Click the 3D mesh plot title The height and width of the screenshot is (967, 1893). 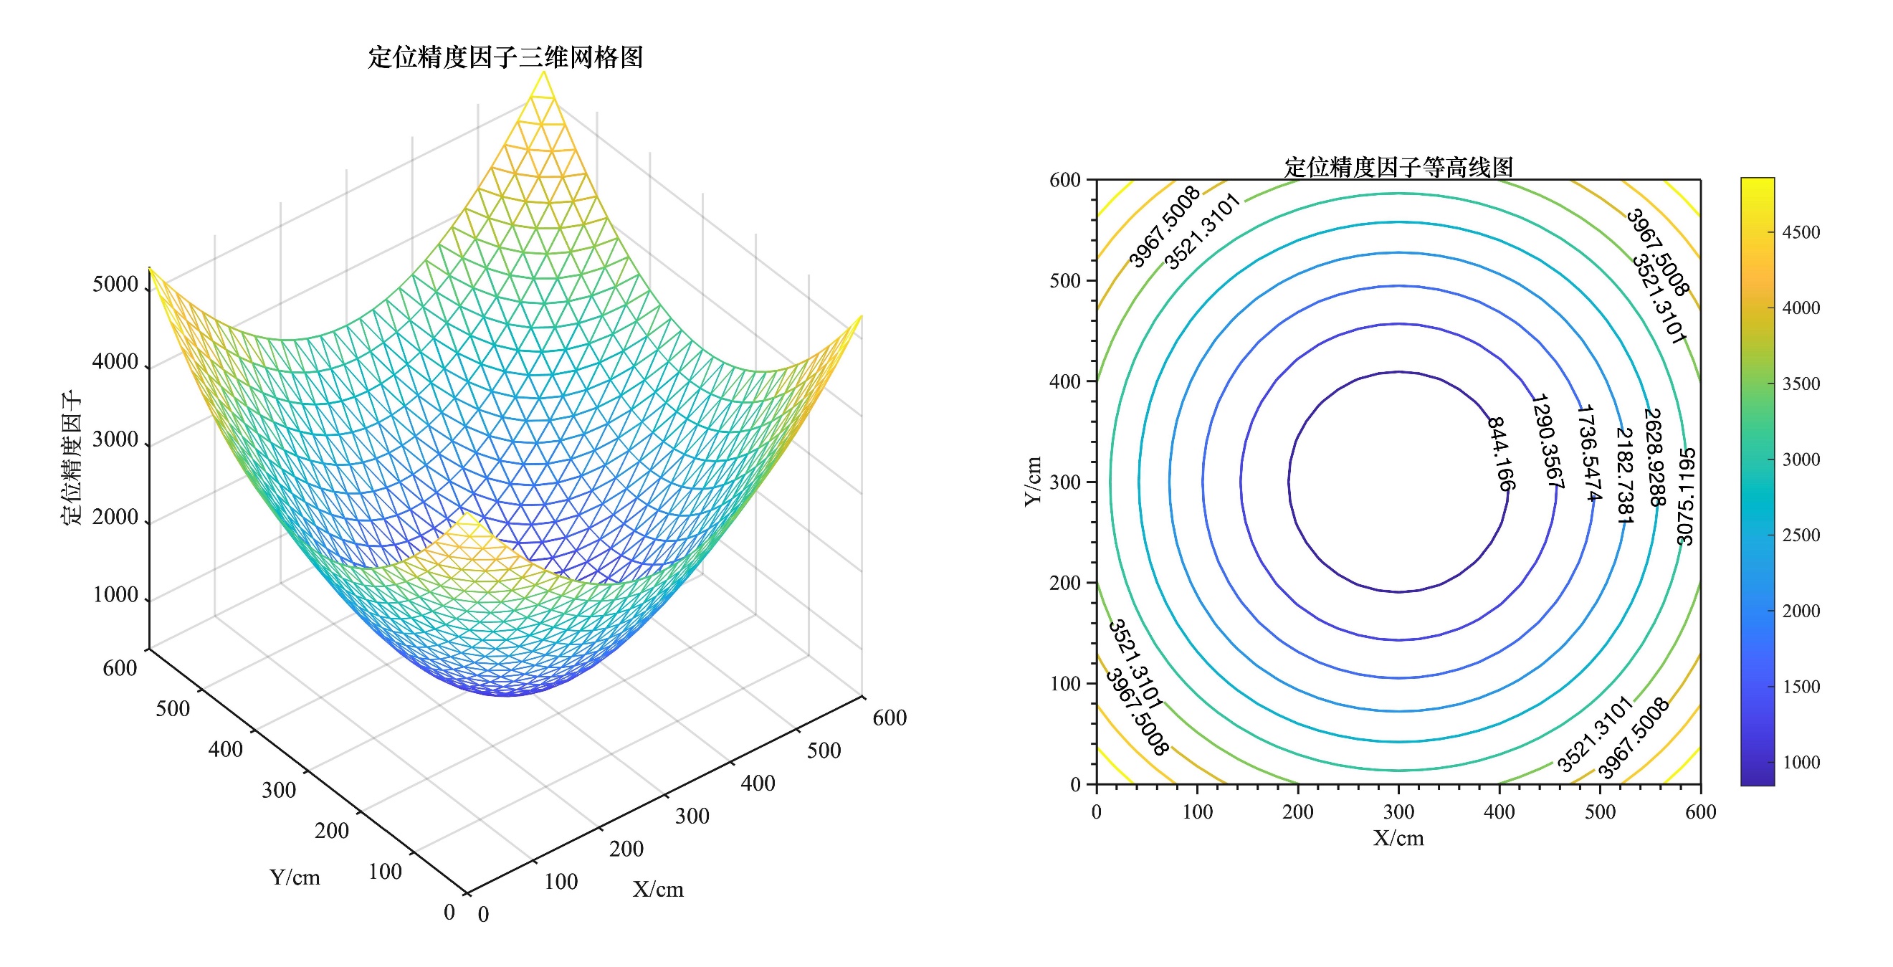[505, 57]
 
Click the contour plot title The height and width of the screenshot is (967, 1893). [1398, 167]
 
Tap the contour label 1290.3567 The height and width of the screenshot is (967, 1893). [1547, 441]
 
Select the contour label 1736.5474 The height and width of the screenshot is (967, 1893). [1588, 452]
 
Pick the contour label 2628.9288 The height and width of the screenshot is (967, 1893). [1654, 457]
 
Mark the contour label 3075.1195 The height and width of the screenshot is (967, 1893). [1686, 496]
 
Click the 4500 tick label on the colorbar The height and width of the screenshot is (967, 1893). [1801, 232]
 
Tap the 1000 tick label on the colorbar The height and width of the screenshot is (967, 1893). [1801, 762]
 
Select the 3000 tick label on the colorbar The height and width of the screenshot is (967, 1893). [1801, 459]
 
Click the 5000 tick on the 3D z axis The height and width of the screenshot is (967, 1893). [115, 285]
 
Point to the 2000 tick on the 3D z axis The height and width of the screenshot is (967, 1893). [115, 517]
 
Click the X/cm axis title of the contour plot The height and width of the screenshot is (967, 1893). [1398, 838]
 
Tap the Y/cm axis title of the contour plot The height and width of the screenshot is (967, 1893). [1033, 481]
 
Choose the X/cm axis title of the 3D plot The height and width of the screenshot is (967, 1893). [658, 889]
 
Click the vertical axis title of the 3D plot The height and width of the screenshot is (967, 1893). [71, 457]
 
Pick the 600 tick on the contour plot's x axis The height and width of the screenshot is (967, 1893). [1700, 811]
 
